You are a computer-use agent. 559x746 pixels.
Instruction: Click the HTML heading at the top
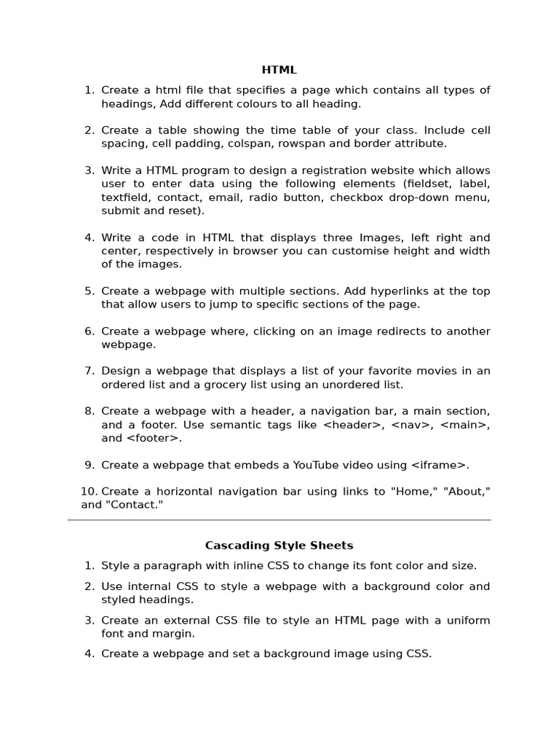coord(279,70)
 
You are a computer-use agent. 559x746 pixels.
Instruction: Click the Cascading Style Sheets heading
coord(279,545)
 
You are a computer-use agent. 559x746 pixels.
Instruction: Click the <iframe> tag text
coord(440,465)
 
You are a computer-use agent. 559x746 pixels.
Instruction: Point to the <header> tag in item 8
coord(352,425)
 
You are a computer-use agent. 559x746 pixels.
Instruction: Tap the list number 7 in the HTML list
coord(90,371)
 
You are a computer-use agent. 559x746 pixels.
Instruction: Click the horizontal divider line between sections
coord(279,520)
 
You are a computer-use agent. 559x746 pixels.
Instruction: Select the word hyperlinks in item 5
coord(386,291)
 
